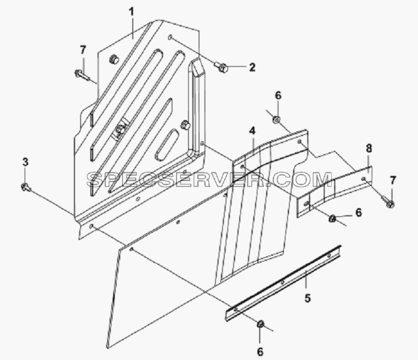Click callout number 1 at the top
[131, 12]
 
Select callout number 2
[252, 67]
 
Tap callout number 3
[25, 162]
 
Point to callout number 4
[252, 131]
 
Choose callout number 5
[308, 298]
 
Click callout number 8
[369, 148]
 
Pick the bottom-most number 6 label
[260, 352]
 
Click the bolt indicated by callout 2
[221, 67]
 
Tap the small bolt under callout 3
[26, 188]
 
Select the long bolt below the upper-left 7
[82, 74]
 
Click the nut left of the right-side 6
[332, 219]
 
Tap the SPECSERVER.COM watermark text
[209, 179]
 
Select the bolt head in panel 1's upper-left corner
[114, 59]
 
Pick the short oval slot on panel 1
[167, 145]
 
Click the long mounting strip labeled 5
[283, 283]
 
